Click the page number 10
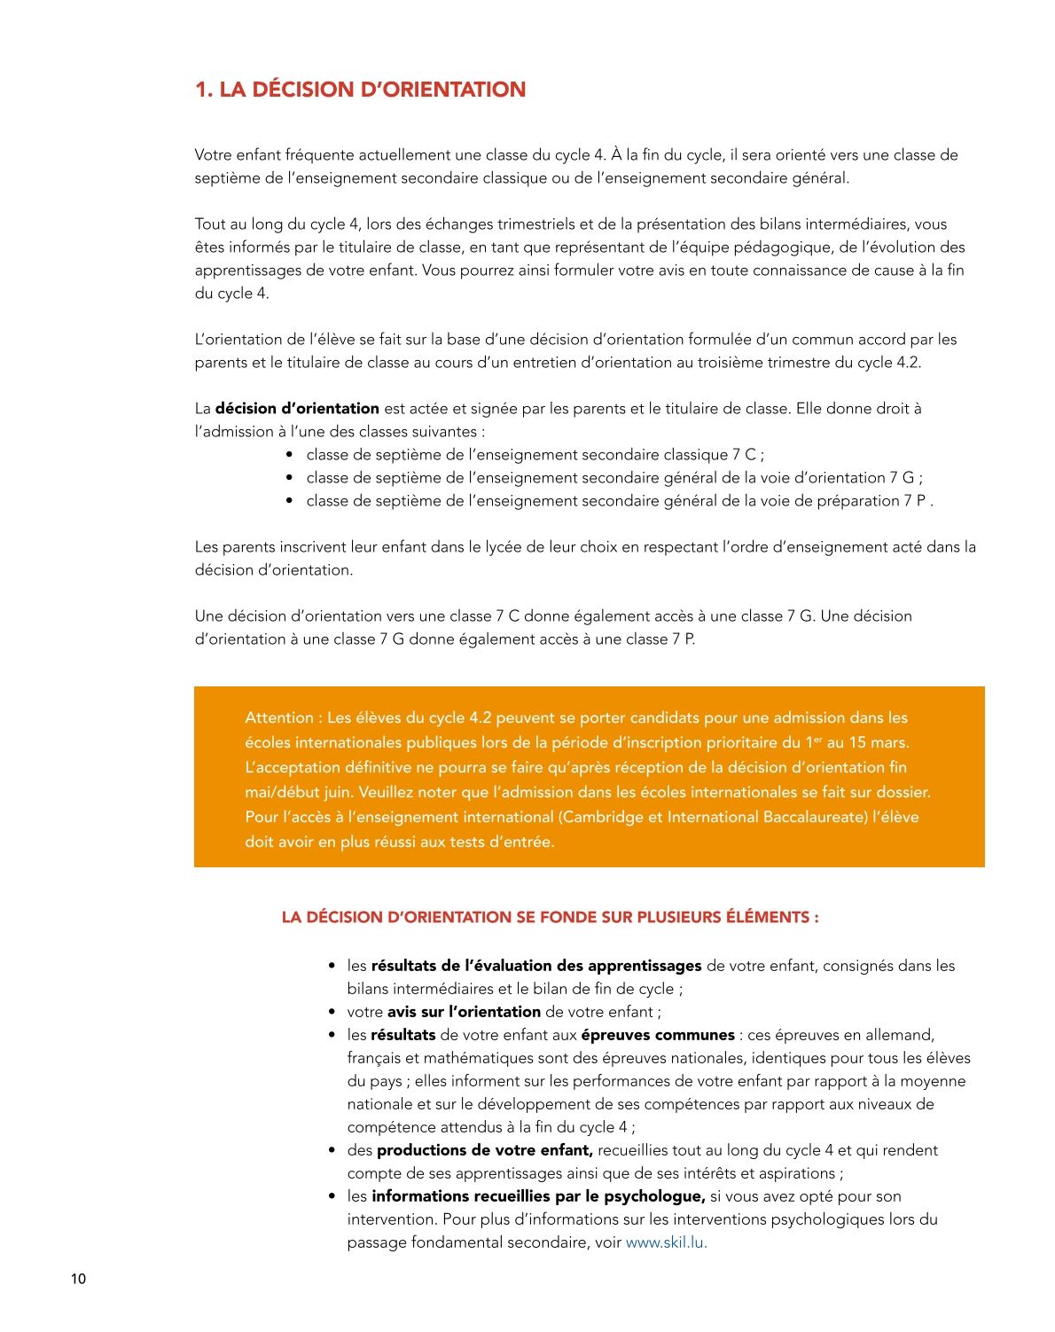pyautogui.click(x=78, y=1279)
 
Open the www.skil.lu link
pyautogui.click(x=666, y=1242)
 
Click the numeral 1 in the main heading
pyautogui.click(x=201, y=90)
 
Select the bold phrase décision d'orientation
pyautogui.click(x=297, y=409)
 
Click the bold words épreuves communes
pyautogui.click(x=658, y=1035)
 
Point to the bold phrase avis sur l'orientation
pyautogui.click(x=464, y=1012)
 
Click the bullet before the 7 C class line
pyautogui.click(x=290, y=455)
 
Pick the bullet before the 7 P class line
pyautogui.click(x=290, y=501)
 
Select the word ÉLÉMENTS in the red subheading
pyautogui.click(x=768, y=917)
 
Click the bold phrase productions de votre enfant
pyautogui.click(x=484, y=1150)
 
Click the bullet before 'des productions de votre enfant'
pyautogui.click(x=332, y=1150)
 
